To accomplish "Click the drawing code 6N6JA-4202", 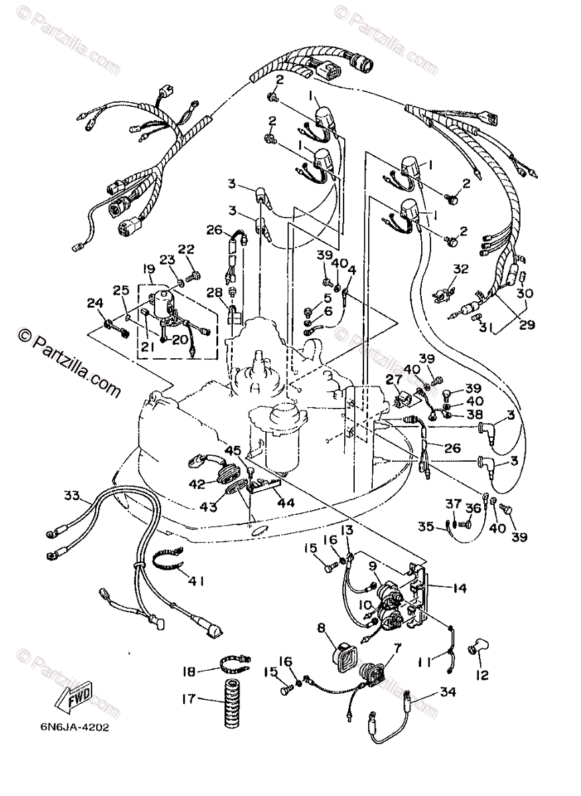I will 74,726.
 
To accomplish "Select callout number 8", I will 321,626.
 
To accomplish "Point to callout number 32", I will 461,269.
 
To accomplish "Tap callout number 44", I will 287,503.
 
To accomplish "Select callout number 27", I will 393,379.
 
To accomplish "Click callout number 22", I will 186,249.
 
